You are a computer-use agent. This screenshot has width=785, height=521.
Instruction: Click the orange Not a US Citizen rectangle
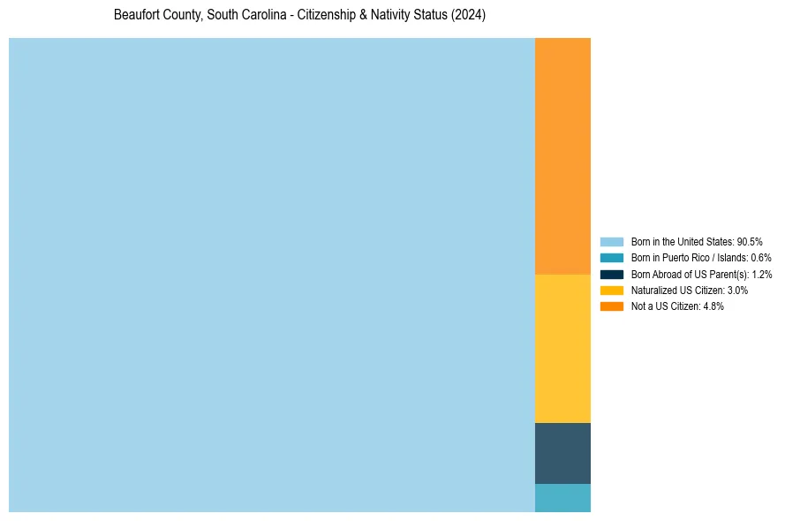point(562,155)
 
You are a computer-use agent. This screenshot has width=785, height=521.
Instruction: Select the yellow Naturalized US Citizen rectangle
point(562,348)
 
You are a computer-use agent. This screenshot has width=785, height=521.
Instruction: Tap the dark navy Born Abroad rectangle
point(562,453)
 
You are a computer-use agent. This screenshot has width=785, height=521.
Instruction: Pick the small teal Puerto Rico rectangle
point(562,498)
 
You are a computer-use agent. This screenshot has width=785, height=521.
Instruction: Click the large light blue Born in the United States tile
point(272,275)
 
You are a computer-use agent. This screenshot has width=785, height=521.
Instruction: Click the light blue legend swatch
point(612,241)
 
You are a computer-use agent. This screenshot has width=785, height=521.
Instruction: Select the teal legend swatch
point(612,258)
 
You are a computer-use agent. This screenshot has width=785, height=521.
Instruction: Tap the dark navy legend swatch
point(612,274)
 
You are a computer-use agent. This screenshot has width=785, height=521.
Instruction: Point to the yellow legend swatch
point(612,290)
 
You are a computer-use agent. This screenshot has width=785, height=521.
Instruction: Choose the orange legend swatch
point(612,306)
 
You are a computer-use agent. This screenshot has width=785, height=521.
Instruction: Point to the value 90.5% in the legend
point(750,241)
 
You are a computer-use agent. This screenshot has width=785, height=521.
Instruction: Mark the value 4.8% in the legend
point(713,306)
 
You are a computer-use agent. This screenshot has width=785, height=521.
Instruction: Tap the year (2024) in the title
point(468,16)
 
